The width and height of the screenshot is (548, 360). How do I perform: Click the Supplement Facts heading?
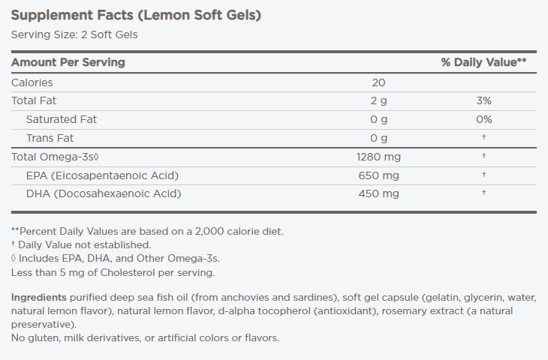(136, 15)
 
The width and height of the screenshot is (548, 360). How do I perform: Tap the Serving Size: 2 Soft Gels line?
(74, 34)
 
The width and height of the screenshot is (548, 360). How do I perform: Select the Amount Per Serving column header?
(68, 62)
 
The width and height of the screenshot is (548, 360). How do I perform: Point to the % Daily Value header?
(483, 62)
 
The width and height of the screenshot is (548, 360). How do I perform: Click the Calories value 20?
(378, 82)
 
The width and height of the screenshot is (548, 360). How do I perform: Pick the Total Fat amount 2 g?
(378, 100)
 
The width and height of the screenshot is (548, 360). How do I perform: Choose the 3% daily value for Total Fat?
(483, 100)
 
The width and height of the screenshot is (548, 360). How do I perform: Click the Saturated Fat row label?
(61, 119)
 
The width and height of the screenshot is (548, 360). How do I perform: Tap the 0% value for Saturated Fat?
(483, 119)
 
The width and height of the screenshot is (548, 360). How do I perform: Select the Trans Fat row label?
(50, 138)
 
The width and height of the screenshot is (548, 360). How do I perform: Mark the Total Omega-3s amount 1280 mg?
(378, 157)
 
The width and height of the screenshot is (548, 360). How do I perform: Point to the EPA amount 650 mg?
(378, 175)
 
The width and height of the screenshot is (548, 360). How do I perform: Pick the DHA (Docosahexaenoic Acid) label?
(104, 193)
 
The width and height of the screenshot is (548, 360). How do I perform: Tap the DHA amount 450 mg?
(378, 193)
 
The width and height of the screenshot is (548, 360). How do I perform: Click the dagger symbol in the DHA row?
(484, 193)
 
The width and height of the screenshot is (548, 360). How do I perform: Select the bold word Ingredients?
(38, 298)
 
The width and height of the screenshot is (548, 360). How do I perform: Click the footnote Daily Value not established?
(84, 244)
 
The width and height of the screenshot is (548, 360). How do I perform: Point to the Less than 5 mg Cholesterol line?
(113, 272)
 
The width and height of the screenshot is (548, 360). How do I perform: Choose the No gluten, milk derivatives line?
(145, 338)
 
